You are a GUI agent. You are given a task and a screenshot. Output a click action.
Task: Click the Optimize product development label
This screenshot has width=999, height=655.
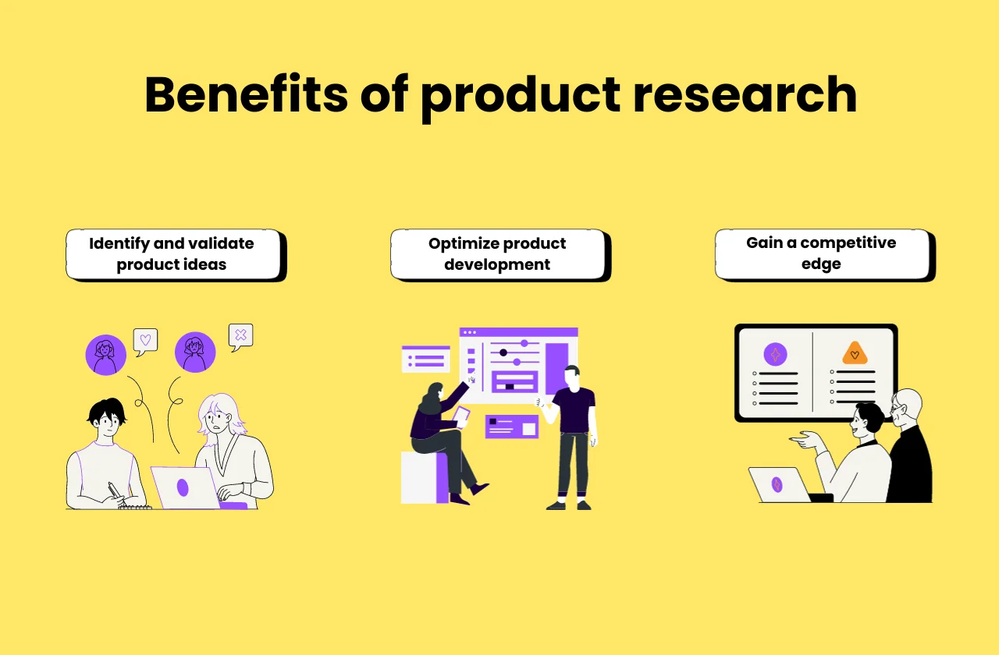click(497, 253)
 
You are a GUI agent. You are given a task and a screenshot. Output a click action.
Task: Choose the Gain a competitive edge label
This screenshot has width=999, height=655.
click(821, 253)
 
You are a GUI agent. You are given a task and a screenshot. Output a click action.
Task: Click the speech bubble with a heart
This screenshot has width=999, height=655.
click(145, 340)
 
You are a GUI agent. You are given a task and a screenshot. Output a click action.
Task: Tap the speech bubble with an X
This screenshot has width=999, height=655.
click(240, 335)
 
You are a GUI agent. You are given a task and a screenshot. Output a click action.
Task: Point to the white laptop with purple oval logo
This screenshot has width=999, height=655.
click(183, 487)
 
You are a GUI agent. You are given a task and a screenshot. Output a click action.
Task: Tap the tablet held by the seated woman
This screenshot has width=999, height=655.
click(461, 416)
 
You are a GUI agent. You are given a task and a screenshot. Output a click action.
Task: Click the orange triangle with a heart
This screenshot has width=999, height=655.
click(855, 354)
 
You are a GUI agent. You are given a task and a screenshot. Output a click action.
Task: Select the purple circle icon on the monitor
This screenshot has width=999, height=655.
click(775, 355)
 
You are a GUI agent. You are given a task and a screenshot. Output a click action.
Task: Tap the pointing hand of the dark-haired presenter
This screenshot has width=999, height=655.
click(804, 441)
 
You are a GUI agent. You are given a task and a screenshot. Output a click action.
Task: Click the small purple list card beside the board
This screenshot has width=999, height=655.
click(426, 359)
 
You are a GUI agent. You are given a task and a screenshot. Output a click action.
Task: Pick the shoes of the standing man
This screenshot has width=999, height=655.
click(569, 505)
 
